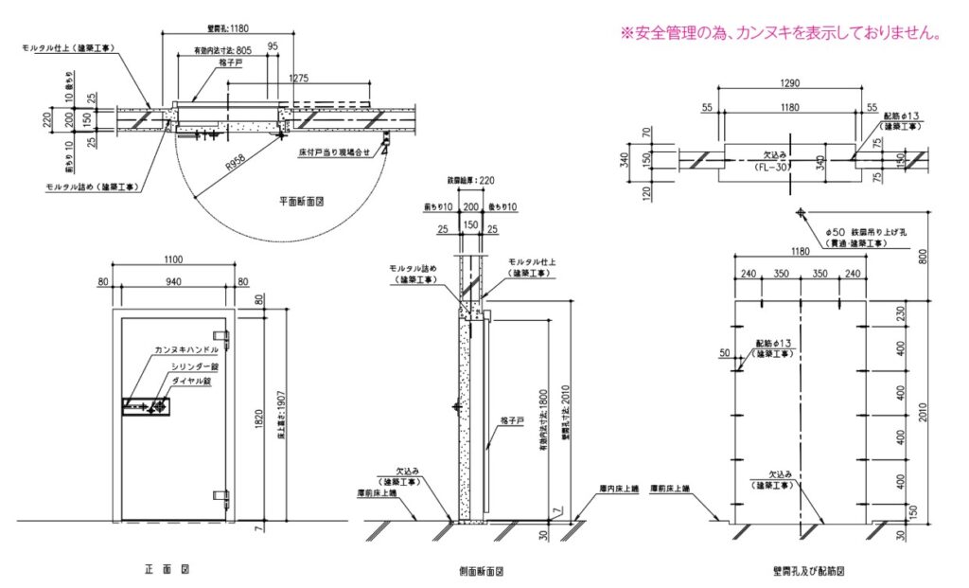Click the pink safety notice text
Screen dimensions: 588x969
pyautogui.click(x=781, y=33)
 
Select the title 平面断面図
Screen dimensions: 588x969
pyautogui.click(x=303, y=202)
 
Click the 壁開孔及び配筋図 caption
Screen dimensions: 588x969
pyautogui.click(x=807, y=572)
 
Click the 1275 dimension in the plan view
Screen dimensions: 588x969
pyautogui.click(x=301, y=79)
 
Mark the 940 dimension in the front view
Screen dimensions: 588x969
pyautogui.click(x=172, y=281)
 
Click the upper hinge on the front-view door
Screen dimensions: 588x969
pyautogui.click(x=225, y=335)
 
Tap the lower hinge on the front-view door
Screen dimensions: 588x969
pyautogui.click(x=225, y=495)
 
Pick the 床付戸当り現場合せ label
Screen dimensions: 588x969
pyautogui.click(x=339, y=151)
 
